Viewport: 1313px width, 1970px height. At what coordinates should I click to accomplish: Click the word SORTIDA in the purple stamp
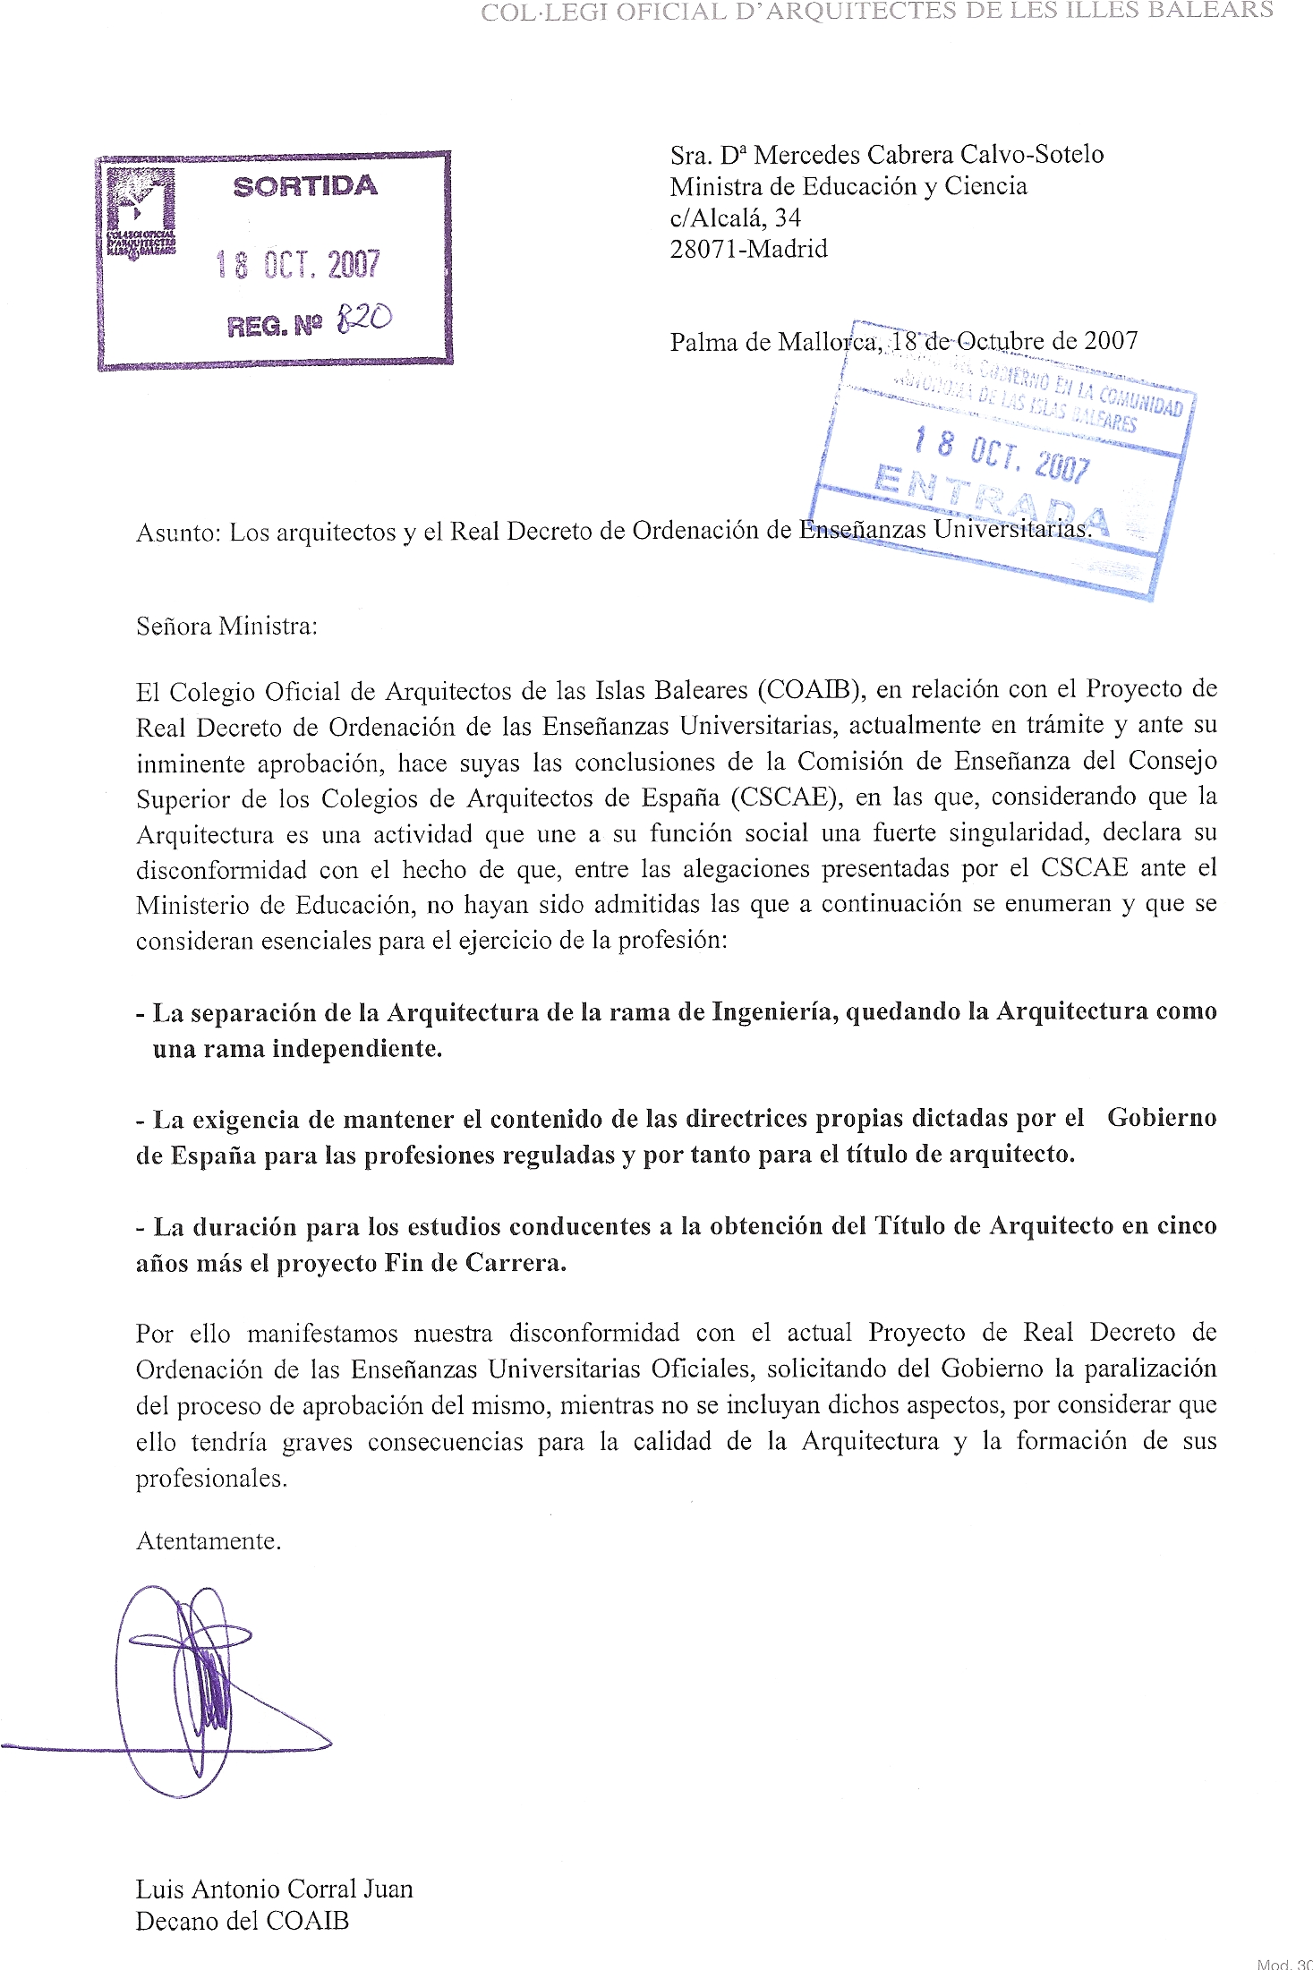point(305,186)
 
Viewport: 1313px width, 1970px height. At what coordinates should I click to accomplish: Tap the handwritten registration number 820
point(363,318)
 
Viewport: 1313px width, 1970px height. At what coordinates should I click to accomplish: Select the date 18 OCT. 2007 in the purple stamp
point(298,265)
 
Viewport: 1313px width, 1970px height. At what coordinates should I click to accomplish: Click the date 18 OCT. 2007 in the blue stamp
point(1001,455)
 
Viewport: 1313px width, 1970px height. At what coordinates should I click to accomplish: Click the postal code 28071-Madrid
point(748,249)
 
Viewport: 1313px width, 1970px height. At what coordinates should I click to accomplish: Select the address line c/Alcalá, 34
point(735,217)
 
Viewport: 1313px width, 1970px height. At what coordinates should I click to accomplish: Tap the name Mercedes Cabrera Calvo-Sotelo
point(928,155)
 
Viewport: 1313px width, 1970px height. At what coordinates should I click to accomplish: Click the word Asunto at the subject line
point(176,533)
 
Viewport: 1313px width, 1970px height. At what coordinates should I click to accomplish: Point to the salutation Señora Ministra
point(226,627)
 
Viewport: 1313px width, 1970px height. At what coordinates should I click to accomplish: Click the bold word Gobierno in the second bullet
point(1161,1118)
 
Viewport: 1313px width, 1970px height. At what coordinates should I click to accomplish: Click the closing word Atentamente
point(209,1541)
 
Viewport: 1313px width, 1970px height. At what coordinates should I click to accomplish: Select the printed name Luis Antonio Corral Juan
point(274,1889)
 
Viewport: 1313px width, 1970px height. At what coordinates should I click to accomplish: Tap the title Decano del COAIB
point(242,1921)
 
